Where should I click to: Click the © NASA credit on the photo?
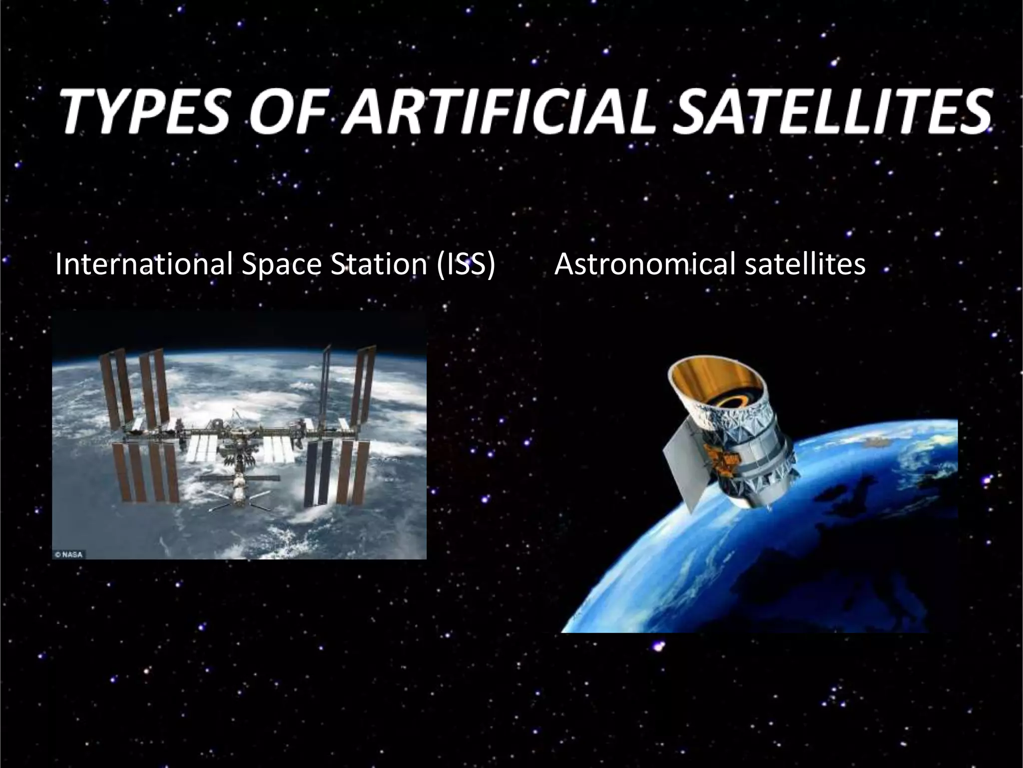point(68,554)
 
